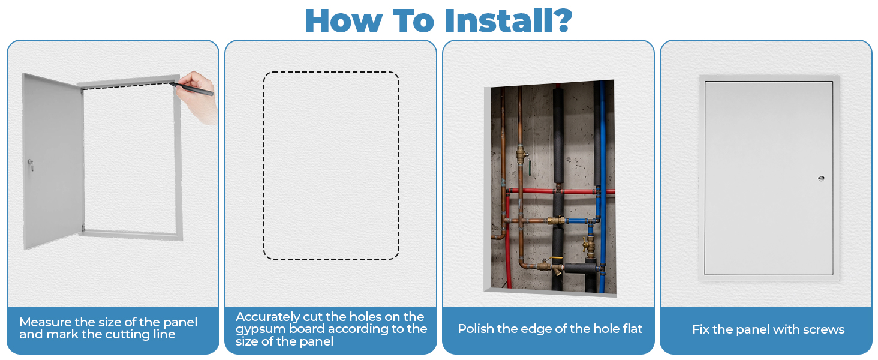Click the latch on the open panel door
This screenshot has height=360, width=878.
(x=30, y=165)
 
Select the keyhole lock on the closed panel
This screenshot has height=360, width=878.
(x=821, y=179)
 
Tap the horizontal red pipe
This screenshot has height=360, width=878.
(x=561, y=191)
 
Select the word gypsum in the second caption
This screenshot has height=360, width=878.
(x=259, y=329)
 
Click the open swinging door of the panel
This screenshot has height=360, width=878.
(x=53, y=161)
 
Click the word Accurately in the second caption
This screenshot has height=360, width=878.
(x=267, y=317)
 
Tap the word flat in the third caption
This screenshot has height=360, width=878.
(x=631, y=329)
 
